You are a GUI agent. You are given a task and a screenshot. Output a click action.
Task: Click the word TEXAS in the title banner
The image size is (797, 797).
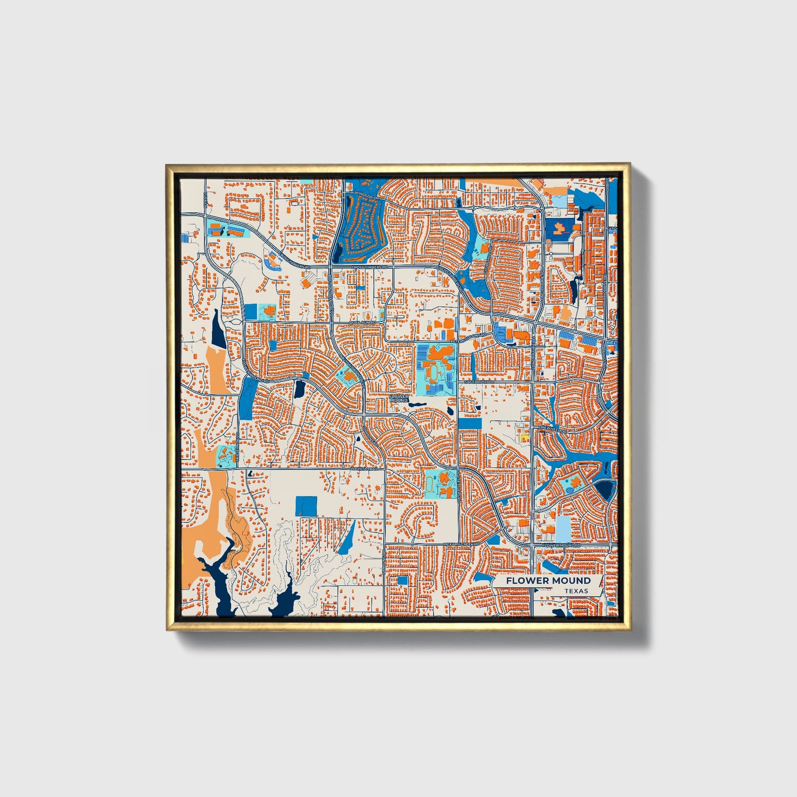click(576, 591)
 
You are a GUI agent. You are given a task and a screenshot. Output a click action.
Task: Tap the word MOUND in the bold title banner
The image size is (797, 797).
click(570, 580)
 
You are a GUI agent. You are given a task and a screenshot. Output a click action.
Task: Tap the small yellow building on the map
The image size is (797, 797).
click(524, 437)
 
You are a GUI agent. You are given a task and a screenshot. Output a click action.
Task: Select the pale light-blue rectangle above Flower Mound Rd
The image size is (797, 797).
click(563, 528)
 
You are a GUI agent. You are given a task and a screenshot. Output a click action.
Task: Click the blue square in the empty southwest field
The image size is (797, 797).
click(306, 506)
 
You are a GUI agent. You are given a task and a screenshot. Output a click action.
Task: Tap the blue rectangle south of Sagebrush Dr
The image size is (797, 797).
click(469, 424)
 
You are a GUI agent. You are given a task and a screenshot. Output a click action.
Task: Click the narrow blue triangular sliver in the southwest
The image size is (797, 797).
click(347, 538)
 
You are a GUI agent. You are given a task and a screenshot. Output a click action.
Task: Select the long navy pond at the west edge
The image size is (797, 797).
click(218, 329)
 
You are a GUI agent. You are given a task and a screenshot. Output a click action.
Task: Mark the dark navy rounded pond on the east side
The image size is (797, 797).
click(606, 489)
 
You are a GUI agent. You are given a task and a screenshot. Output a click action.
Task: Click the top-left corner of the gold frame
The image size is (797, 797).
click(167, 165)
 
